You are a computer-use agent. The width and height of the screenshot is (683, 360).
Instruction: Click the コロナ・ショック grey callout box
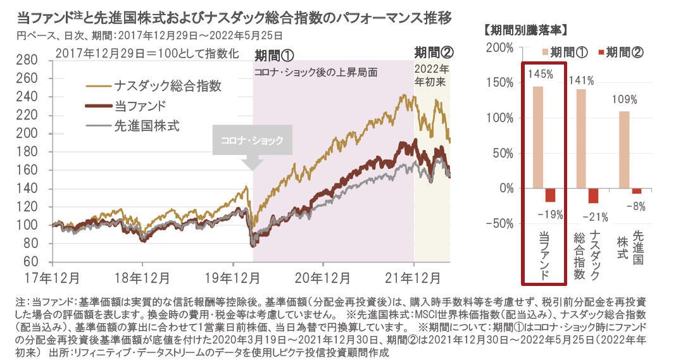tap(252, 141)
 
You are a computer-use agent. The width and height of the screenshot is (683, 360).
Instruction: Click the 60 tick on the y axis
tap(35, 261)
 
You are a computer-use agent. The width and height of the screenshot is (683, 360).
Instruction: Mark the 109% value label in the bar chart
tap(624, 99)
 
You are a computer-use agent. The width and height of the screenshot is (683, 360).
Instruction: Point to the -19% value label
tap(550, 213)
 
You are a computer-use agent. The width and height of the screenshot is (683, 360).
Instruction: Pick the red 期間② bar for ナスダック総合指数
tap(593, 196)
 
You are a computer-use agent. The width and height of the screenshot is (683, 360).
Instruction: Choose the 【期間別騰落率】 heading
tap(525, 29)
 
